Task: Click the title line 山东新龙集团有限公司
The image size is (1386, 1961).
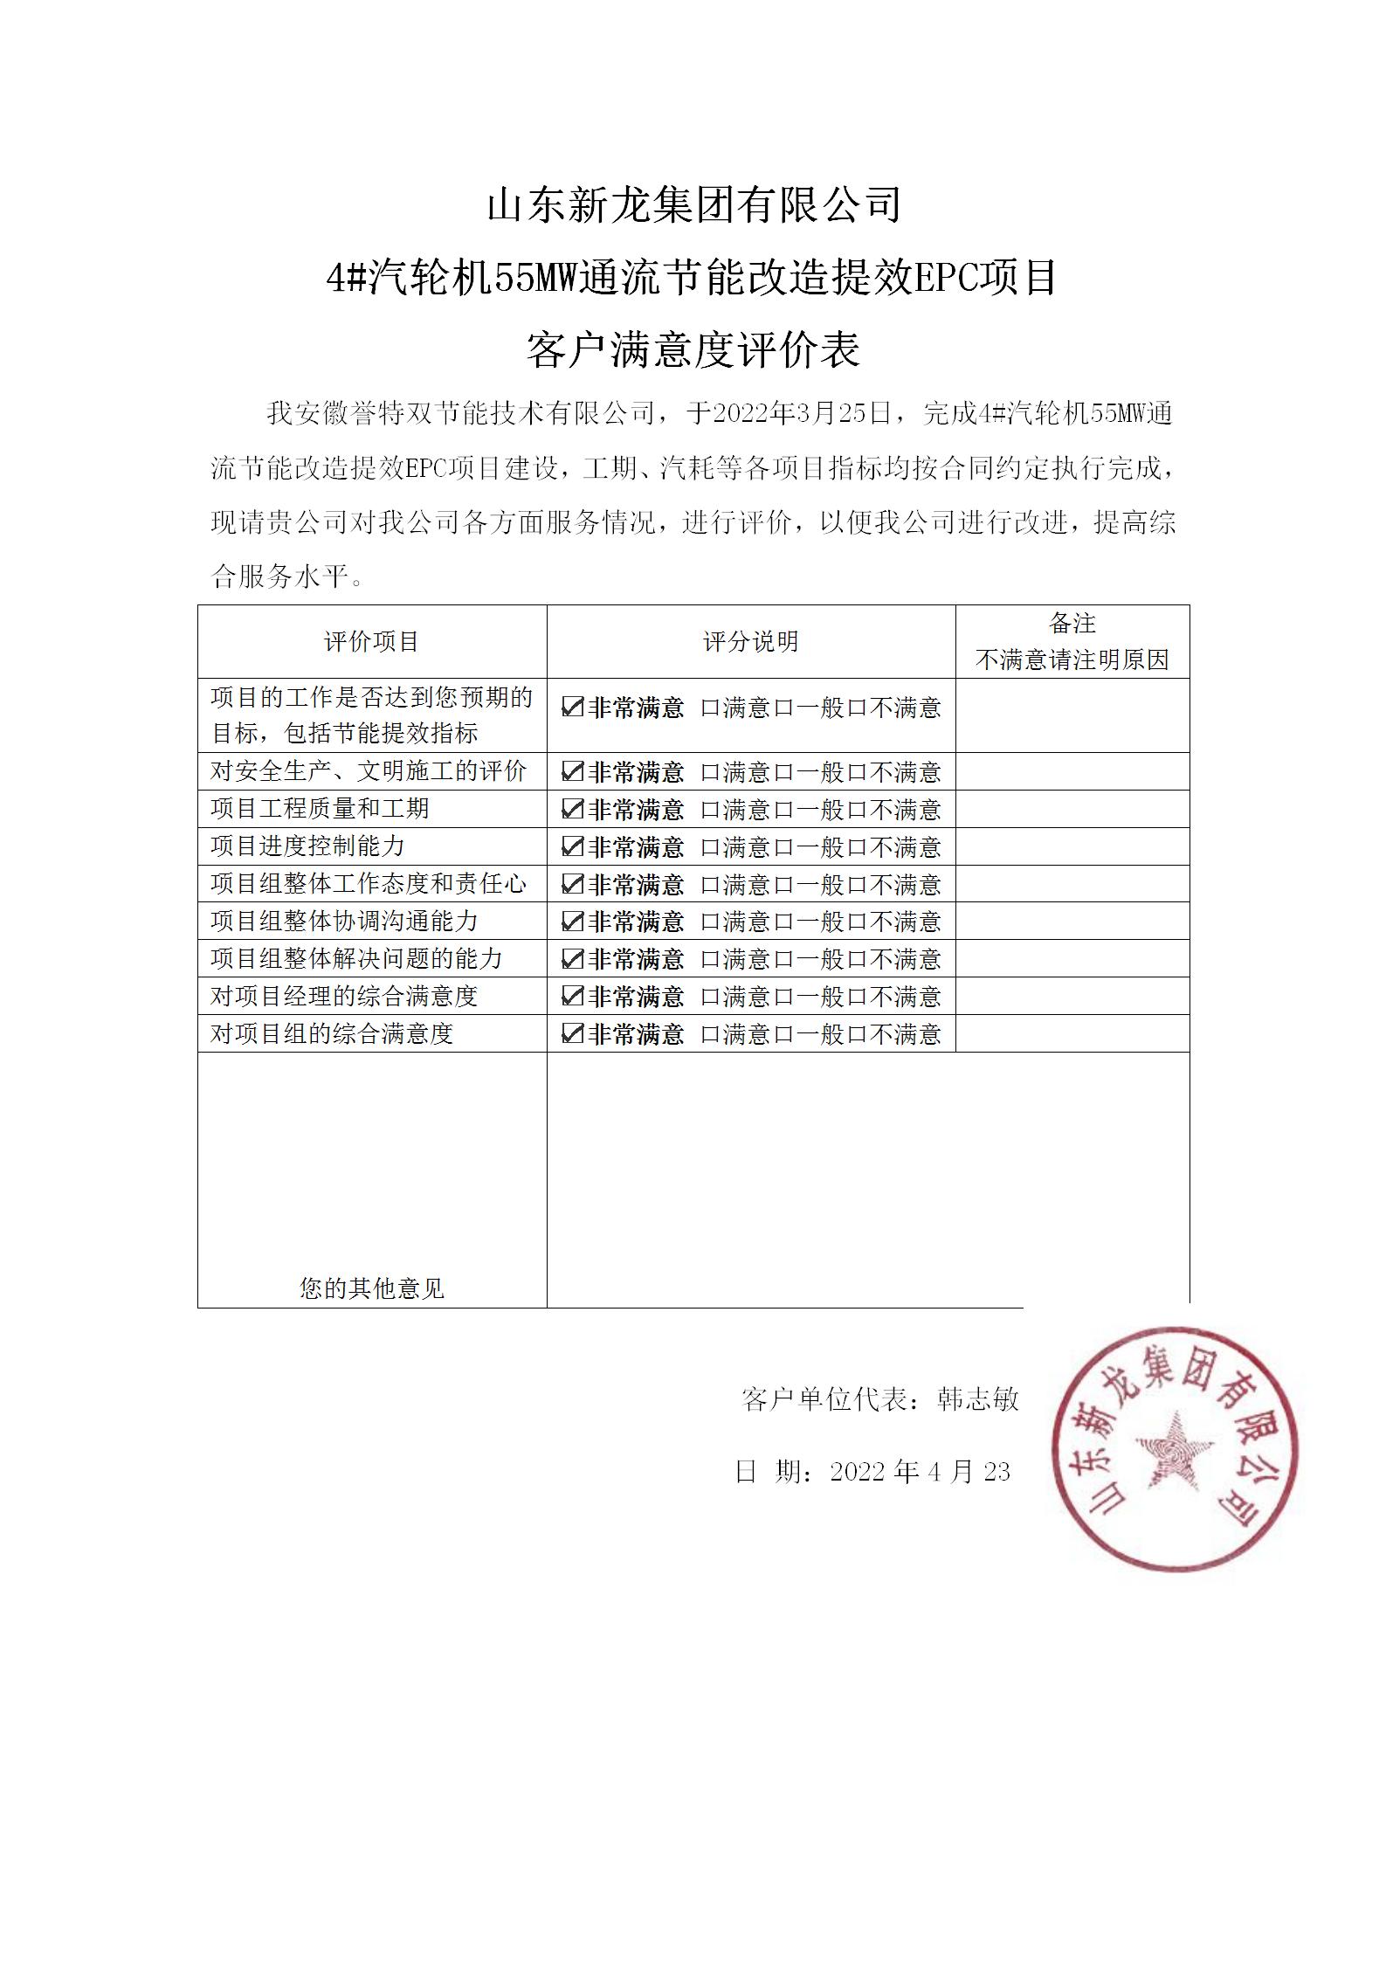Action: [x=693, y=206]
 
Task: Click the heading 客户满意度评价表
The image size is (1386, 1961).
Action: [x=693, y=349]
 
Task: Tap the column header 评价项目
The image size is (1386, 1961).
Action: [x=372, y=642]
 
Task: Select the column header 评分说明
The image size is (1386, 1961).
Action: [x=751, y=642]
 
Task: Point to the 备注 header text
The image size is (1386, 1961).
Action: [x=1072, y=624]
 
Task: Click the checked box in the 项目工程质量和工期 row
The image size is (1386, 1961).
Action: [x=572, y=809]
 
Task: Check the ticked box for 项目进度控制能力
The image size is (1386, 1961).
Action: [x=572, y=846]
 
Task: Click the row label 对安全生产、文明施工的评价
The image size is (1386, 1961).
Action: [x=369, y=771]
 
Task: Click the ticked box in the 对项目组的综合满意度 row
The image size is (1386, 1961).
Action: [x=572, y=1033]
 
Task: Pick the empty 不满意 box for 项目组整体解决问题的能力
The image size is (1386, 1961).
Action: [x=857, y=960]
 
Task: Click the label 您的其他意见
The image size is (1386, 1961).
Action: [x=372, y=1288]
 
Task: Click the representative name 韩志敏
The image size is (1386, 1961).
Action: [x=977, y=1399]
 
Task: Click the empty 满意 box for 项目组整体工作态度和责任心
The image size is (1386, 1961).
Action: [x=710, y=885]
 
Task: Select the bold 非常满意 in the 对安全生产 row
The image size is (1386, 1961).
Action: [x=636, y=772]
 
